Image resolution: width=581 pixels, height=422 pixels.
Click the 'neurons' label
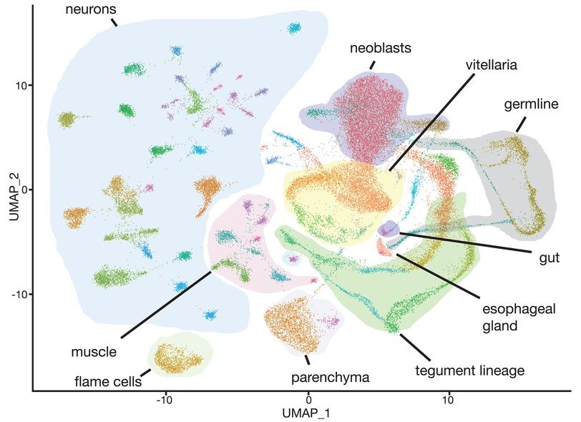click(x=91, y=9)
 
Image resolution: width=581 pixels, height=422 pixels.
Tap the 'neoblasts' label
click(x=381, y=48)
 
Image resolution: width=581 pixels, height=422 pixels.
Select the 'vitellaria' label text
click(x=492, y=65)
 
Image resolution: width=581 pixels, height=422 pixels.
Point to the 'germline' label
click(x=531, y=104)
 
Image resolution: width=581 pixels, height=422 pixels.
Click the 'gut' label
click(x=549, y=257)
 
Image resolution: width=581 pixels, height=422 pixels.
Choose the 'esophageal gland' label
click(x=519, y=317)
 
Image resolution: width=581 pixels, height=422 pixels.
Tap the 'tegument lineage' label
click(x=470, y=371)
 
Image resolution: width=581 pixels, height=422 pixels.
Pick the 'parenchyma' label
click(x=330, y=378)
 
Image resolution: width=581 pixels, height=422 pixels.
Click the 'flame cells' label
click(x=108, y=381)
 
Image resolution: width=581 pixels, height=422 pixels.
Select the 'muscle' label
click(x=94, y=352)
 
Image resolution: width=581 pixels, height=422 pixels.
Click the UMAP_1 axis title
click(x=306, y=413)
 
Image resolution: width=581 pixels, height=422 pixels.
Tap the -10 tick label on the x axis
click(x=165, y=401)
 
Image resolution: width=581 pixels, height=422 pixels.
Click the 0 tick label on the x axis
click(x=308, y=401)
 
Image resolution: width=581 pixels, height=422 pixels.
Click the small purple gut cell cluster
click(x=388, y=229)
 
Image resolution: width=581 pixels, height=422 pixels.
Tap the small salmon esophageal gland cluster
click(x=383, y=248)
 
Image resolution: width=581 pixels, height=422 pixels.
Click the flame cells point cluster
click(x=178, y=358)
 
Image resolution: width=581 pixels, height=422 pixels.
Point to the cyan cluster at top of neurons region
click(x=295, y=28)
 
